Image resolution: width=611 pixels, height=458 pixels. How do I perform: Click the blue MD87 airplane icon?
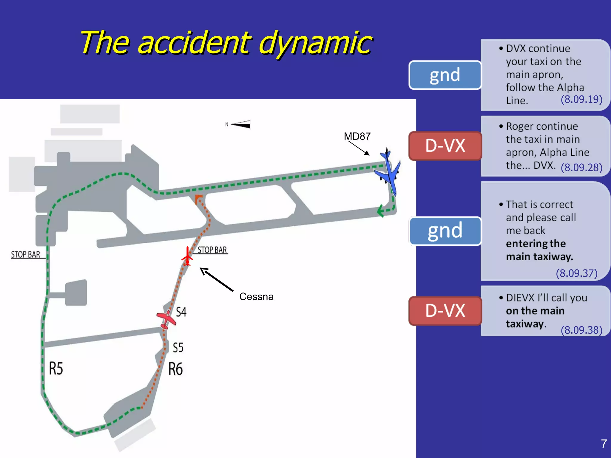(x=389, y=172)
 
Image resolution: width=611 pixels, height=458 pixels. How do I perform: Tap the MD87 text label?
(x=357, y=137)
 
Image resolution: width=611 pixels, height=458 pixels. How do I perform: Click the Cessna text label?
(x=256, y=297)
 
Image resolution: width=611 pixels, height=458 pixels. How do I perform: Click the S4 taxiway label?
(x=181, y=312)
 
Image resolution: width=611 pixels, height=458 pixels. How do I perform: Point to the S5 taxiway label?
(x=178, y=348)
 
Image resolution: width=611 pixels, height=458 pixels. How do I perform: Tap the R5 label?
(x=56, y=368)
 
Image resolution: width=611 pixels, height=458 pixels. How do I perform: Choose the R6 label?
(x=175, y=369)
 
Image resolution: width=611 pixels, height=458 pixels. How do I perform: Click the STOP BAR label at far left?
(x=26, y=255)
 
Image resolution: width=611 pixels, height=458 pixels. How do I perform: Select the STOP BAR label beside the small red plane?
(x=212, y=250)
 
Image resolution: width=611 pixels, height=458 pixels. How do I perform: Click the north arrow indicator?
(x=240, y=124)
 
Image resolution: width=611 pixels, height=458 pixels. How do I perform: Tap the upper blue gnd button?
(x=445, y=75)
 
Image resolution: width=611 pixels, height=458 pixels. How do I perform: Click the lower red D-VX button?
(x=445, y=311)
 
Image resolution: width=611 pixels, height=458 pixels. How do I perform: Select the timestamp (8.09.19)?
(x=581, y=99)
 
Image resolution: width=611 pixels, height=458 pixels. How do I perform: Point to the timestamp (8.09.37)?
(x=576, y=273)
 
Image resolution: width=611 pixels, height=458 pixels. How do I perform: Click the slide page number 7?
(x=604, y=444)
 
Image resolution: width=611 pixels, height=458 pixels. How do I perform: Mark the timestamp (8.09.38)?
(x=581, y=330)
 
